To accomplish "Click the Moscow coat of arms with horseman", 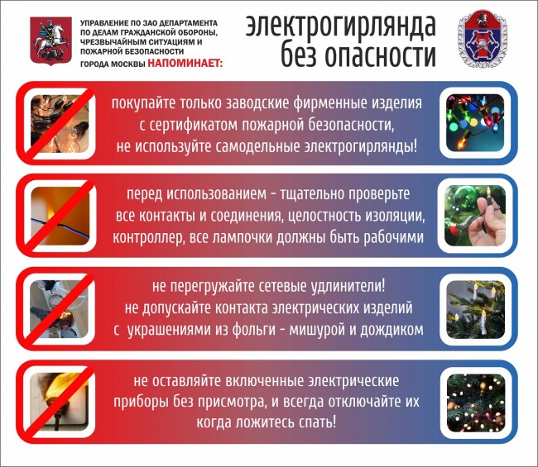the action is (x=50, y=41).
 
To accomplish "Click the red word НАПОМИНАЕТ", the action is (x=185, y=64).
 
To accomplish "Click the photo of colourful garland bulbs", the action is (x=475, y=123).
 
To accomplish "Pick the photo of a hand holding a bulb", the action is (x=475, y=216).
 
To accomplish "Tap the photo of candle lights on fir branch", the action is (x=475, y=309).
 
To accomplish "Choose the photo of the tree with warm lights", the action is (x=476, y=403).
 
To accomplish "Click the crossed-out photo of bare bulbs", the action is (x=60, y=123).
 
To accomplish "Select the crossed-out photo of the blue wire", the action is (x=60, y=216).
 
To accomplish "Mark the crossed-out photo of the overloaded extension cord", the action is (x=59, y=308).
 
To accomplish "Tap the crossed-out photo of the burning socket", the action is (x=59, y=401).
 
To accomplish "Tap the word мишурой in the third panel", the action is (x=317, y=330).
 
